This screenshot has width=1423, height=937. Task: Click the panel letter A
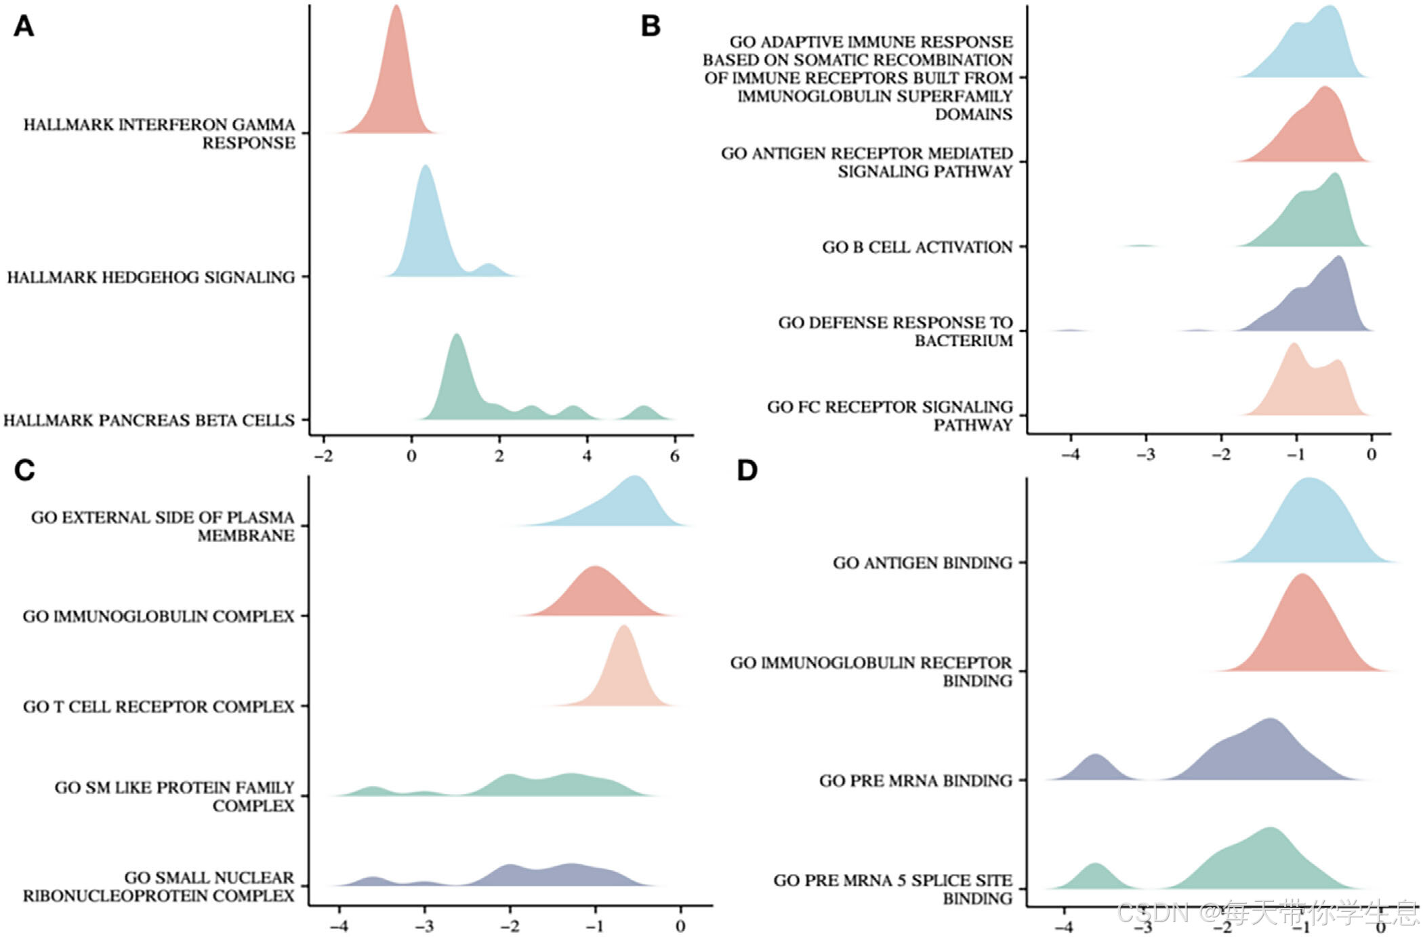pyautogui.click(x=24, y=26)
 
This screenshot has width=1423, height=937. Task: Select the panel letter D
pyautogui.click(x=747, y=470)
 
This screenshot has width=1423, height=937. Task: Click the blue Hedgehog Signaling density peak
pyautogui.click(x=426, y=224)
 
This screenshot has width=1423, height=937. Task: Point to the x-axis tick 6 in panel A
pyautogui.click(x=674, y=456)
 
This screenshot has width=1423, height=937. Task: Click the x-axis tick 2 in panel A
pyautogui.click(x=499, y=456)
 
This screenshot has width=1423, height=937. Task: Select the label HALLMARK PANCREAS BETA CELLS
pyautogui.click(x=149, y=421)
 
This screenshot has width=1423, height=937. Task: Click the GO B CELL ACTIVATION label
pyautogui.click(x=917, y=247)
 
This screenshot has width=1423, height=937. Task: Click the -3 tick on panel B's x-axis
pyautogui.click(x=1146, y=455)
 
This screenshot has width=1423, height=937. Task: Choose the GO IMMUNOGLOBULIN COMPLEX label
pyautogui.click(x=159, y=617)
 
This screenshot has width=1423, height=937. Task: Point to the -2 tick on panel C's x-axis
pyautogui.click(x=510, y=925)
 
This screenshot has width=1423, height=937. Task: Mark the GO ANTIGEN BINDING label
pyautogui.click(x=922, y=563)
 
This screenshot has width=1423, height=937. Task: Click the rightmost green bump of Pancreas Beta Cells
pyautogui.click(x=644, y=413)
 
